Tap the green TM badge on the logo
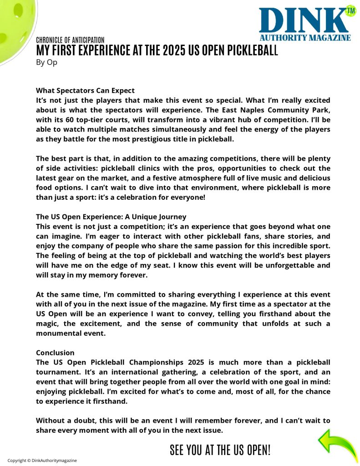tap(350, 10)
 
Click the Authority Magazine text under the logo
tap(305, 38)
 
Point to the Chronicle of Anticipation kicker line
tap(70, 40)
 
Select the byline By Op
tap(46, 62)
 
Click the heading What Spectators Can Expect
tap(85, 90)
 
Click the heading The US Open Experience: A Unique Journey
tap(111, 217)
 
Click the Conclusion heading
tap(55, 353)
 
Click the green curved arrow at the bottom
tap(337, 443)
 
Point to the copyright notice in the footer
tap(42, 460)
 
